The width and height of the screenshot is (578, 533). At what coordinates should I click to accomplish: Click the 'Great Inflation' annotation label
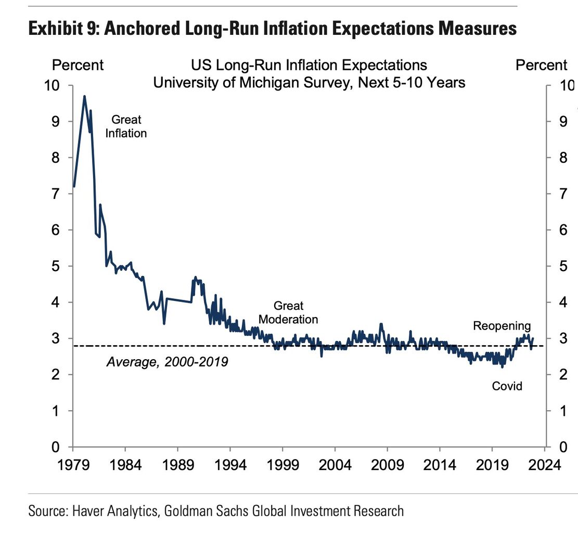(x=126, y=126)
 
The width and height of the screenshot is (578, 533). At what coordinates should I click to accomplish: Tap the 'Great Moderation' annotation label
(x=288, y=312)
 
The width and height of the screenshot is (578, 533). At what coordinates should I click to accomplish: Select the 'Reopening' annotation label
(x=502, y=326)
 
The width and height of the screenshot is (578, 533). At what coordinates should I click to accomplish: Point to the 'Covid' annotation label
(x=507, y=386)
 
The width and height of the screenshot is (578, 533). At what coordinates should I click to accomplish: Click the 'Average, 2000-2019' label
(x=167, y=361)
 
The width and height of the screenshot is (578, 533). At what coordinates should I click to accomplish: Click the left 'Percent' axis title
(x=78, y=65)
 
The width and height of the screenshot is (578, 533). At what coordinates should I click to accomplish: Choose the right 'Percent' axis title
(x=541, y=65)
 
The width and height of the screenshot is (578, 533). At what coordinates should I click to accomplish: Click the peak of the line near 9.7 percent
(x=84, y=96)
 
